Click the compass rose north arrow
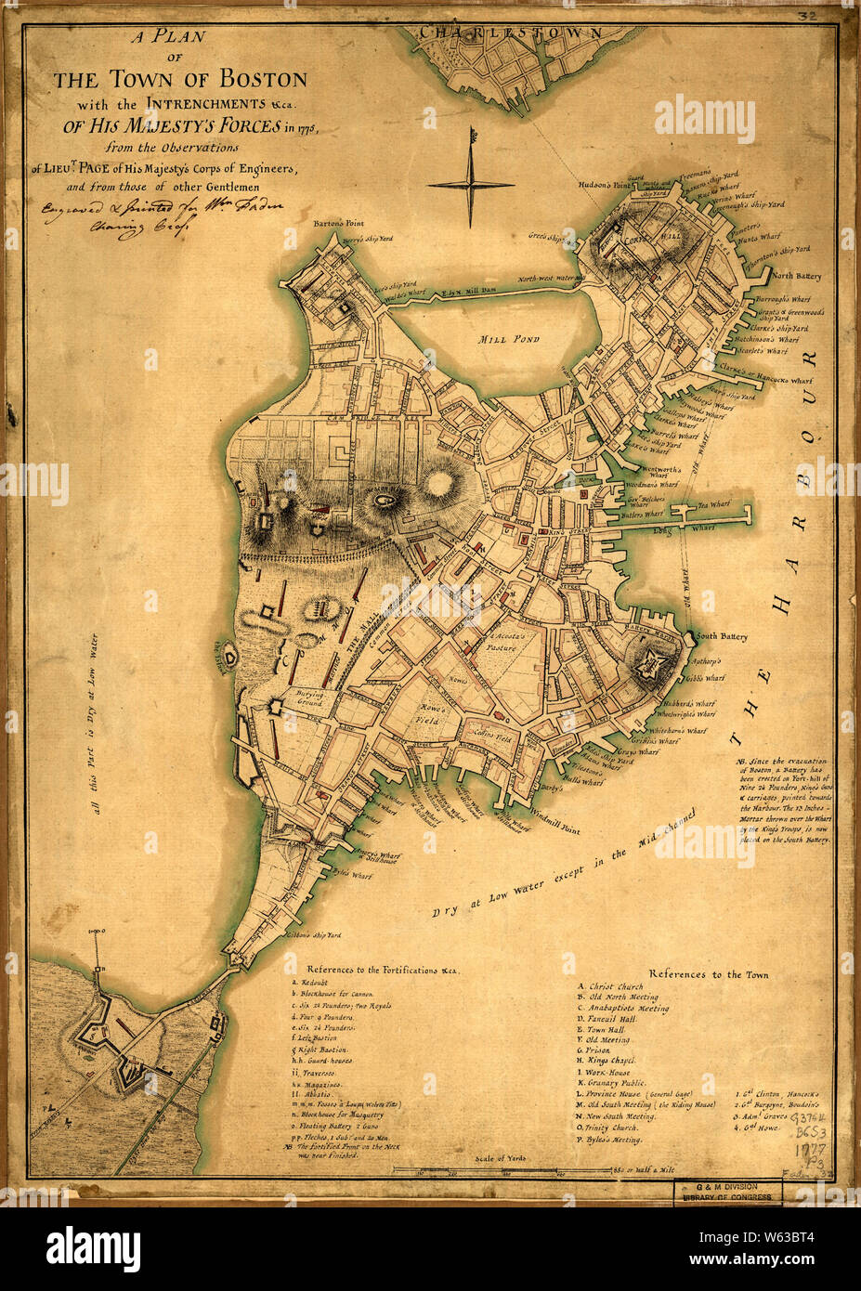[471, 149]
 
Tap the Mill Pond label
[508, 339]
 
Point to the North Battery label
[795, 276]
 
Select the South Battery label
[722, 637]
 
